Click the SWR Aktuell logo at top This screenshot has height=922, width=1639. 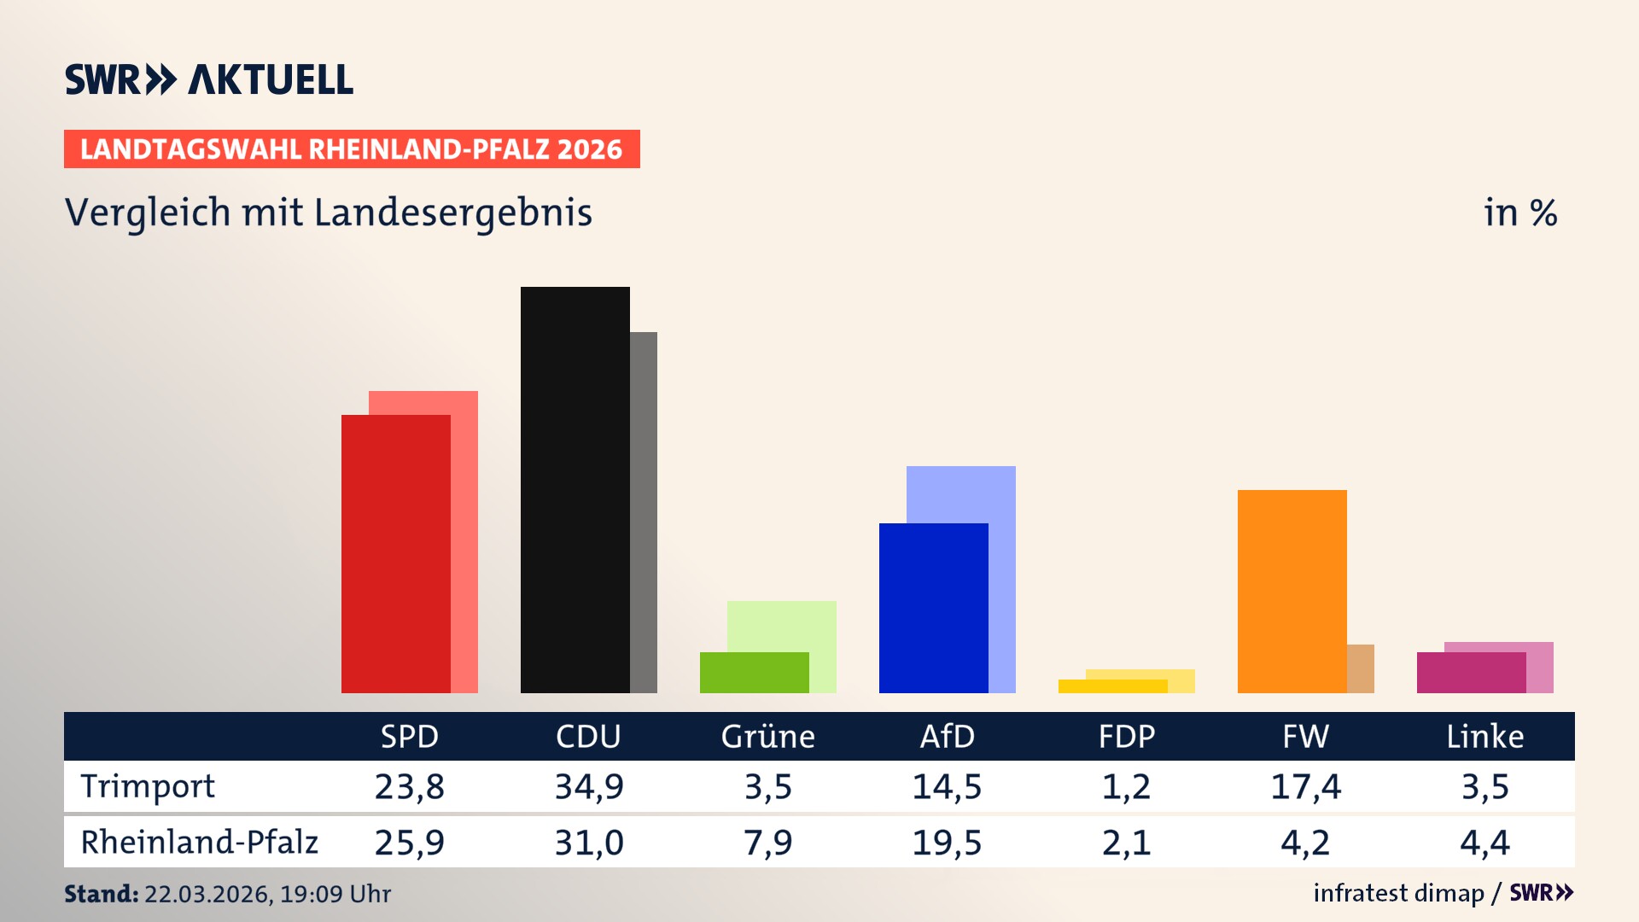[x=209, y=79]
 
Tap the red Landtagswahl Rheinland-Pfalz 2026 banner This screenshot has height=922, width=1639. [x=352, y=149]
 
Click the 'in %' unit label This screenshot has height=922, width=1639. [x=1519, y=213]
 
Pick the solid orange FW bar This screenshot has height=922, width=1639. [x=1292, y=591]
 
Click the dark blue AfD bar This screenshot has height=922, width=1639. [x=933, y=608]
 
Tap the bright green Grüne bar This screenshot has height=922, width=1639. [x=754, y=673]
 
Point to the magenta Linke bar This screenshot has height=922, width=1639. [x=1471, y=673]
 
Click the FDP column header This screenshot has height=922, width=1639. [x=1127, y=737]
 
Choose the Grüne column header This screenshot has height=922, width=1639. [x=767, y=737]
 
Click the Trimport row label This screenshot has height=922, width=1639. [x=148, y=786]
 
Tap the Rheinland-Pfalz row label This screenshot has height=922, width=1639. [x=199, y=843]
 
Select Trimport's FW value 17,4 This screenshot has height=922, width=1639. [x=1305, y=786]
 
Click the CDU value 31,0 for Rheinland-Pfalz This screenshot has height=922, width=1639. [x=589, y=843]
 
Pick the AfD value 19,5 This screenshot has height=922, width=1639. [x=947, y=843]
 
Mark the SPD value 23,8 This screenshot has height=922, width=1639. [x=410, y=786]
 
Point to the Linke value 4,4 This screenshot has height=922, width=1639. [x=1484, y=843]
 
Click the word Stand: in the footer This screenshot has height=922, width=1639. [x=101, y=894]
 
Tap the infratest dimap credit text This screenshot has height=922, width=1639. [x=1398, y=893]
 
